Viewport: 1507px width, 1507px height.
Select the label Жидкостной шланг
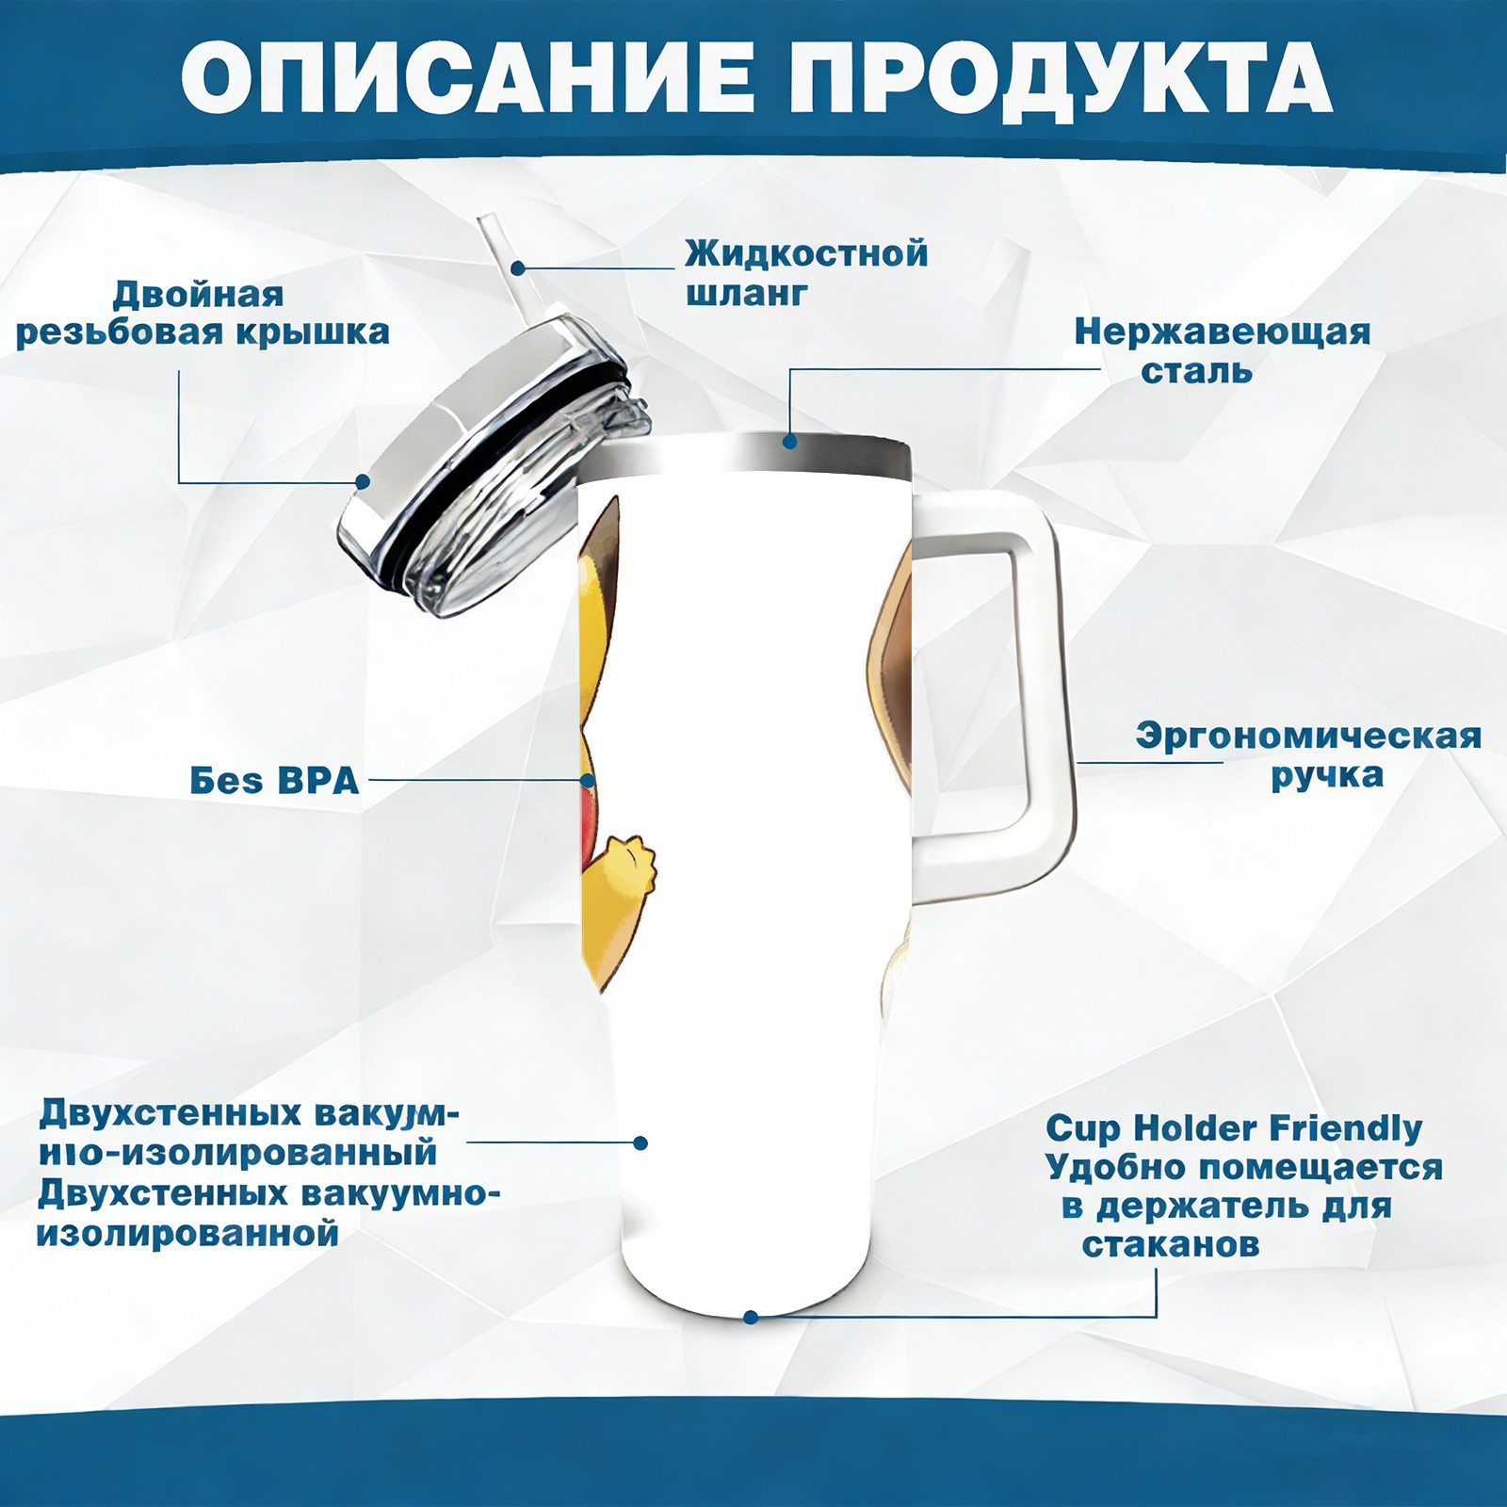(806, 273)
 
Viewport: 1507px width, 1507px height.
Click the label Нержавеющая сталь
(1223, 351)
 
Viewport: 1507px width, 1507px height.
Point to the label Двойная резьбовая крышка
(203, 314)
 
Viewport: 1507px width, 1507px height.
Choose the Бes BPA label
(274, 781)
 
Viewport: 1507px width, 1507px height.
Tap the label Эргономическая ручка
(1308, 755)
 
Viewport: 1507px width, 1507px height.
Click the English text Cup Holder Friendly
(1234, 1128)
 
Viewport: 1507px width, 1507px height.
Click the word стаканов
(1171, 1245)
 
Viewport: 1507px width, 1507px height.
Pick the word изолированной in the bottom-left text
(187, 1233)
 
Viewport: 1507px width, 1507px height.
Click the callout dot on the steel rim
(790, 441)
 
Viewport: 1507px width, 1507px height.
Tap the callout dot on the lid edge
(363, 482)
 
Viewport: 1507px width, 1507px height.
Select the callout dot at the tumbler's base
(751, 1317)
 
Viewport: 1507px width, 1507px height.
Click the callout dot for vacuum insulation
(640, 1142)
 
